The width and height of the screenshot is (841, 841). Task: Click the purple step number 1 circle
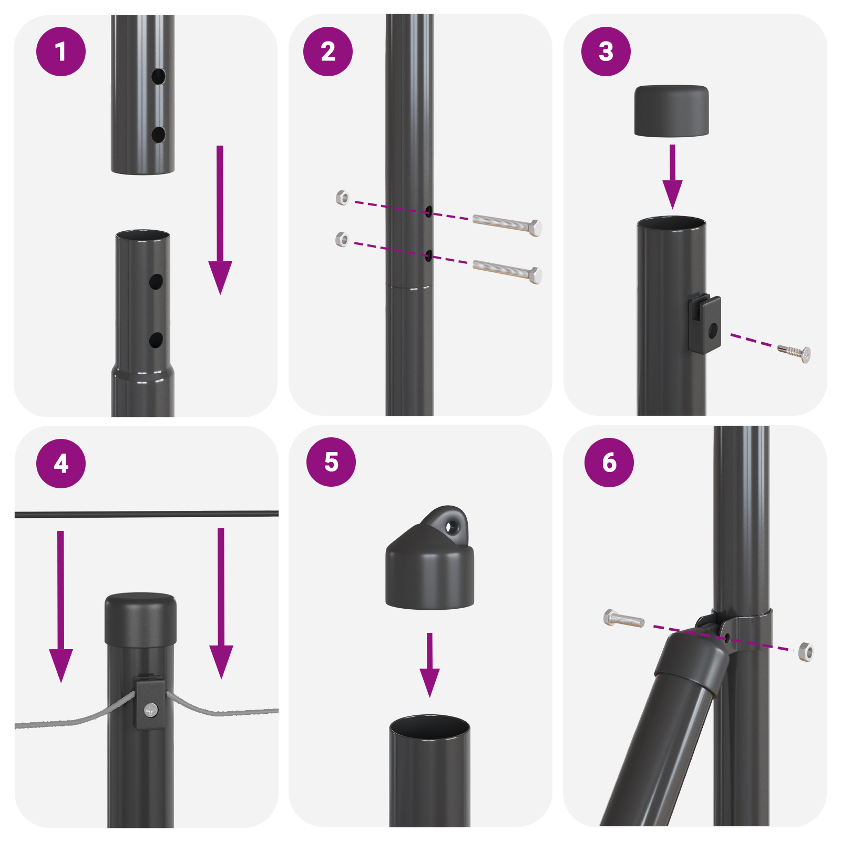point(61,52)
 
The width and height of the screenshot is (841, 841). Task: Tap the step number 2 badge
point(328,52)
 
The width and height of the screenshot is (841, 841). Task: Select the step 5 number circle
point(331,462)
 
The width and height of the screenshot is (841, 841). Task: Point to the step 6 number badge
point(609,463)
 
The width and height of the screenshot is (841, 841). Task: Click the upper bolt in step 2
point(507,224)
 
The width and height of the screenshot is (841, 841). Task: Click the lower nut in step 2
point(342,240)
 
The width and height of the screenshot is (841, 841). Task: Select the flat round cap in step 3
point(671,111)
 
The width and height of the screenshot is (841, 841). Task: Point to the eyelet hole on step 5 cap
point(449,527)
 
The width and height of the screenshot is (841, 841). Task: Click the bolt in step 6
point(624,619)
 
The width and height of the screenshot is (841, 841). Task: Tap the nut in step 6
point(806,652)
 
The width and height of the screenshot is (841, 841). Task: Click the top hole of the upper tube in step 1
point(158,77)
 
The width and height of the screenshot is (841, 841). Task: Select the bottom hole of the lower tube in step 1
point(156,340)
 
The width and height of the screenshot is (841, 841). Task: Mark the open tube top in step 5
point(429,725)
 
